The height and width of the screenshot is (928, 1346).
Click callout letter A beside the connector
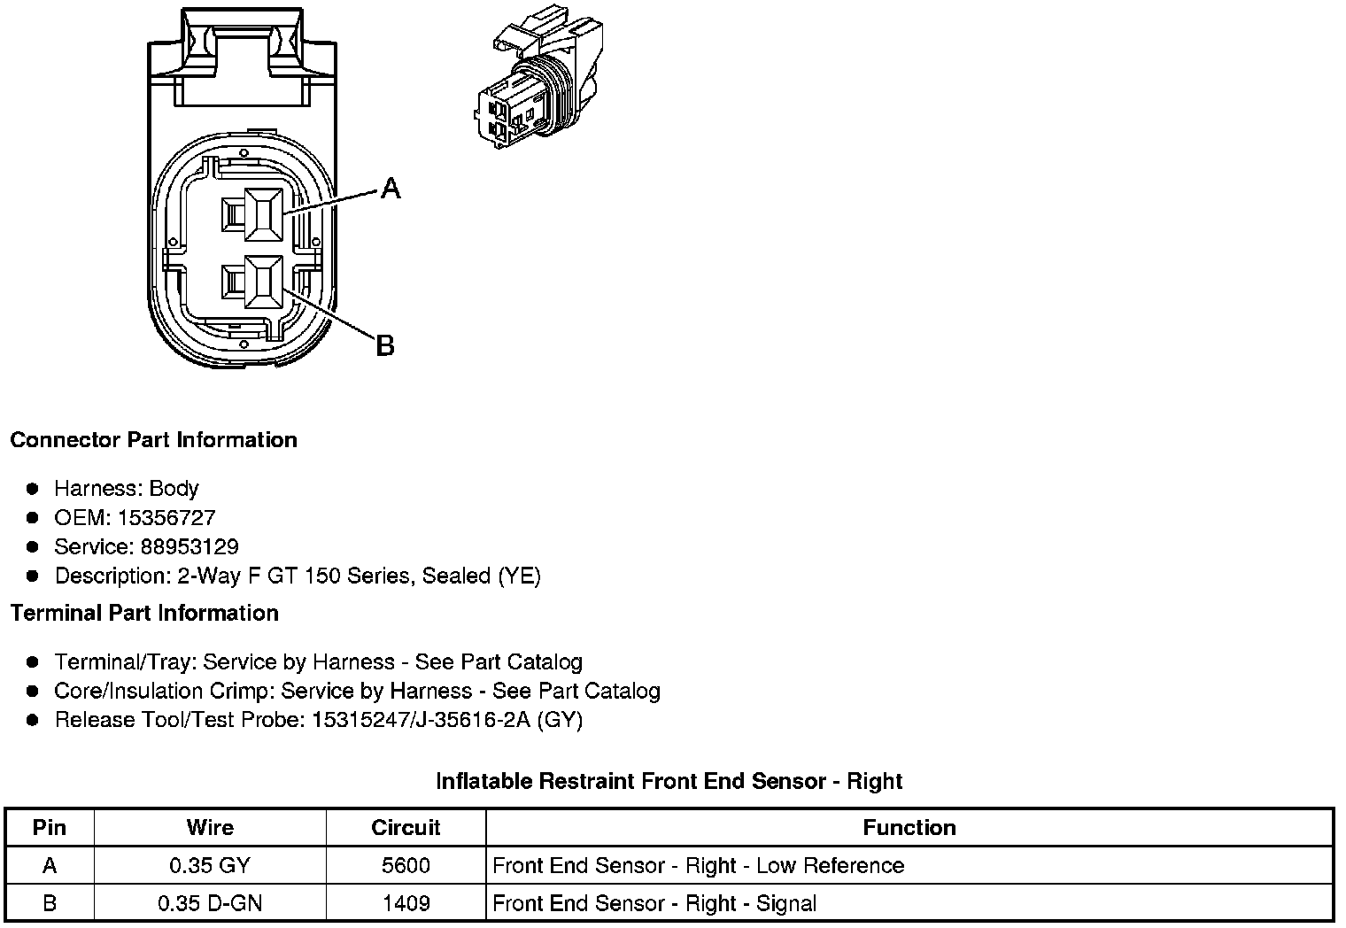[x=391, y=188]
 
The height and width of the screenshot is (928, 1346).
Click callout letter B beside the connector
[x=384, y=345]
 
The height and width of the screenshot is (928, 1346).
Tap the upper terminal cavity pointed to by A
[x=263, y=214]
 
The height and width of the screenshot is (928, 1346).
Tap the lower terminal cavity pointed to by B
[x=263, y=282]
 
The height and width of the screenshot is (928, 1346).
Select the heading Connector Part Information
[x=153, y=440]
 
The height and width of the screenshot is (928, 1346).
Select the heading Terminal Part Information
[x=144, y=613]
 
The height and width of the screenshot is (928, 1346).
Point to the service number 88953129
[x=190, y=546]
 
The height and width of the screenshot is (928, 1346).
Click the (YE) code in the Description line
[x=519, y=576]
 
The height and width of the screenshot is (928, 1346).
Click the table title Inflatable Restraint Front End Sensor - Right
[x=669, y=781]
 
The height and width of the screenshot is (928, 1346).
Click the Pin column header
[x=50, y=827]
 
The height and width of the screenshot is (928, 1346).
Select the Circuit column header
[x=406, y=827]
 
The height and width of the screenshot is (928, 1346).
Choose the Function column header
[x=909, y=827]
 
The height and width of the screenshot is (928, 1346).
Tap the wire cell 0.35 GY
[x=210, y=865]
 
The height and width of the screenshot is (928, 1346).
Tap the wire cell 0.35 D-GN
[x=210, y=903]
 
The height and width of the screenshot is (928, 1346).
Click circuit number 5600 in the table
[x=406, y=865]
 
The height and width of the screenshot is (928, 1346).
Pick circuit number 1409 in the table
[x=406, y=903]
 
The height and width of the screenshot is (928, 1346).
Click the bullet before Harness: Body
[x=33, y=489]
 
